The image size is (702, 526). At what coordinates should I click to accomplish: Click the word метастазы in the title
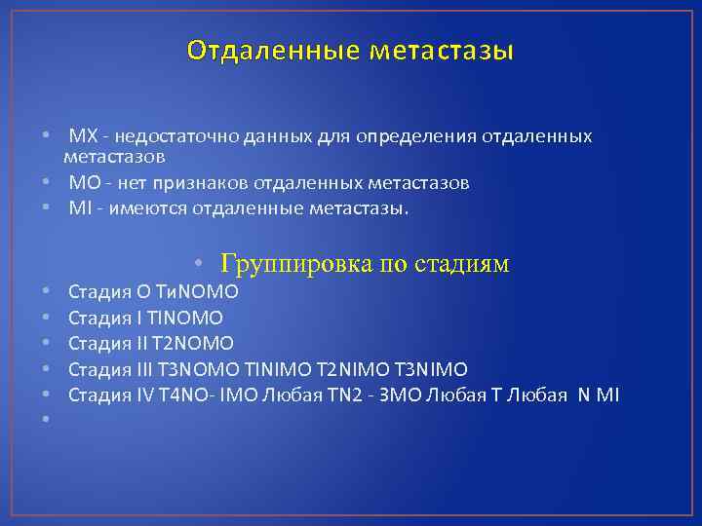pos(441,50)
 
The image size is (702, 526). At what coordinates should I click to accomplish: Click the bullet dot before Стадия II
pos(47,343)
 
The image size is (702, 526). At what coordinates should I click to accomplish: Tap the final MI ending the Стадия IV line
pos(607,394)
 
